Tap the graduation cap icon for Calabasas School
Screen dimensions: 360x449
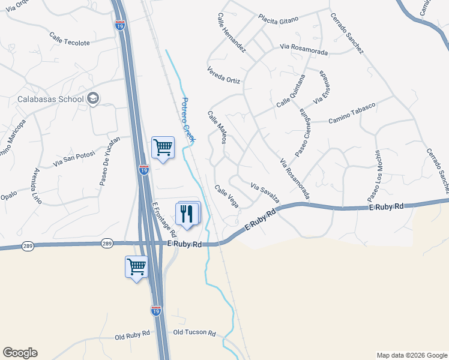[x=92, y=99]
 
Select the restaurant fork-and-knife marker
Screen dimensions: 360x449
[x=187, y=213]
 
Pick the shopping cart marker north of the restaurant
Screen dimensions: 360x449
[x=163, y=147]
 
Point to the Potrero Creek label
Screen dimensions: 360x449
[x=188, y=120]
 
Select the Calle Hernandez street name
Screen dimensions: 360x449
[x=232, y=33]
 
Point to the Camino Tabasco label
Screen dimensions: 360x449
[x=352, y=114]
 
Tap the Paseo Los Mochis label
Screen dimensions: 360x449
[x=374, y=176]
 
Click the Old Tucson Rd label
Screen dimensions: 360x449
[x=194, y=332]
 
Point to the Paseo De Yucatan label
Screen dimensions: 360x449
[x=110, y=161]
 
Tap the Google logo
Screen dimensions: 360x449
[x=20, y=353]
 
